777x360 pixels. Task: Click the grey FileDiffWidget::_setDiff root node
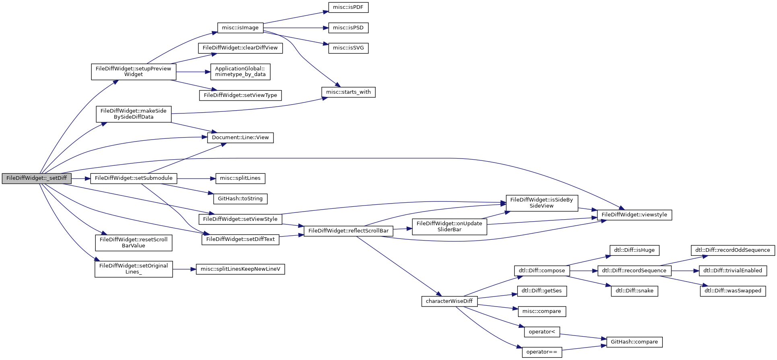click(37, 179)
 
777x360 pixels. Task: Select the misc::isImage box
click(240, 28)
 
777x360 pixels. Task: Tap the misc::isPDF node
click(348, 7)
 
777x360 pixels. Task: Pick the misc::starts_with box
click(348, 92)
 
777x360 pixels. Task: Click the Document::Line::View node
click(240, 138)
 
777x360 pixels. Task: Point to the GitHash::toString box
click(240, 199)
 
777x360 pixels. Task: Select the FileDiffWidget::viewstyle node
click(634, 215)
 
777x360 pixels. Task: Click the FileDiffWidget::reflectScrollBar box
click(348, 231)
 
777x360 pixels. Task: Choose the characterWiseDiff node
click(449, 301)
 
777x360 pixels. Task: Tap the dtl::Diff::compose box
click(542, 271)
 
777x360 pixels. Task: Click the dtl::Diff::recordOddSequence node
click(733, 250)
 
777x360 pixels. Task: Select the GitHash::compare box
click(634, 342)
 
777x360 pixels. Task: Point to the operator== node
click(542, 352)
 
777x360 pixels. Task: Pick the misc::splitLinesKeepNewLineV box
click(240, 269)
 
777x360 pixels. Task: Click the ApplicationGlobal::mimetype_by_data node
click(240, 72)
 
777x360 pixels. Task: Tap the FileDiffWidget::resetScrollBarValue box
click(134, 243)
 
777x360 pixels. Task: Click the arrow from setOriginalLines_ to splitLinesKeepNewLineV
click(184, 269)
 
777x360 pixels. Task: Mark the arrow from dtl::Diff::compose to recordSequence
click(584, 271)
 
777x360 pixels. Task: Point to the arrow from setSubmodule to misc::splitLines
click(196, 179)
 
